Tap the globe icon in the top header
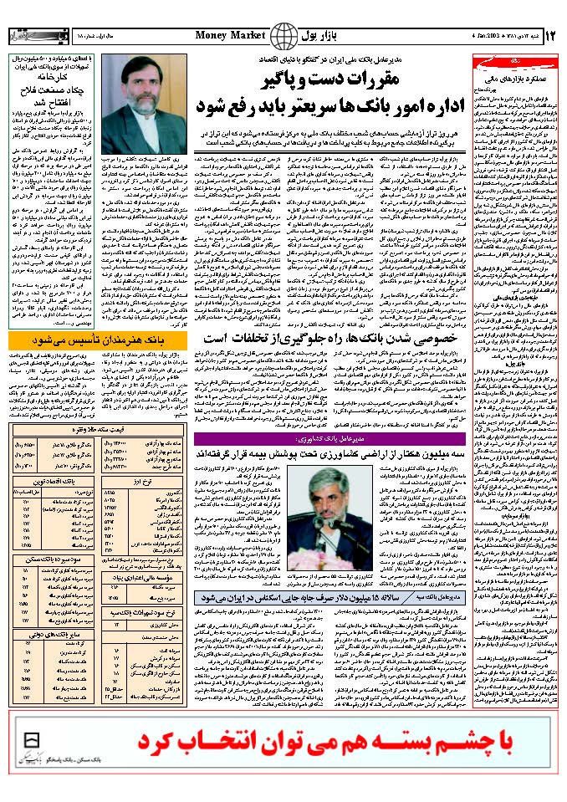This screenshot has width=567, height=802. (x=286, y=37)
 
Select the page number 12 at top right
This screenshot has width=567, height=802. (x=550, y=36)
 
